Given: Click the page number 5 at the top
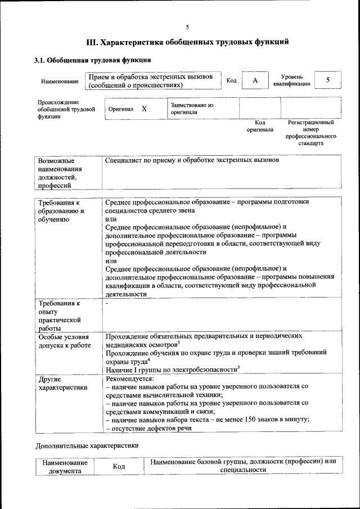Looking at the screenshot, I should point(187,26).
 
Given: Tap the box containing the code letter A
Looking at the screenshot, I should point(255,81).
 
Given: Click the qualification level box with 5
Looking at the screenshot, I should point(328,80).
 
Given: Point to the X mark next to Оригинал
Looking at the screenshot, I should point(144,109).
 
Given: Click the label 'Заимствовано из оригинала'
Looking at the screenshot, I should point(192,109).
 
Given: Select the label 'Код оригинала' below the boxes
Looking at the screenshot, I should point(259,126).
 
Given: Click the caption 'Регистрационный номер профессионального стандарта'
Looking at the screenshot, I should point(310,133).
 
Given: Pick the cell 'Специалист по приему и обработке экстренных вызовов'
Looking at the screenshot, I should point(192,161).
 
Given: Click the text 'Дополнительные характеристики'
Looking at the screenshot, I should point(86,445).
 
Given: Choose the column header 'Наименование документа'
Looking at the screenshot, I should point(65,466).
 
